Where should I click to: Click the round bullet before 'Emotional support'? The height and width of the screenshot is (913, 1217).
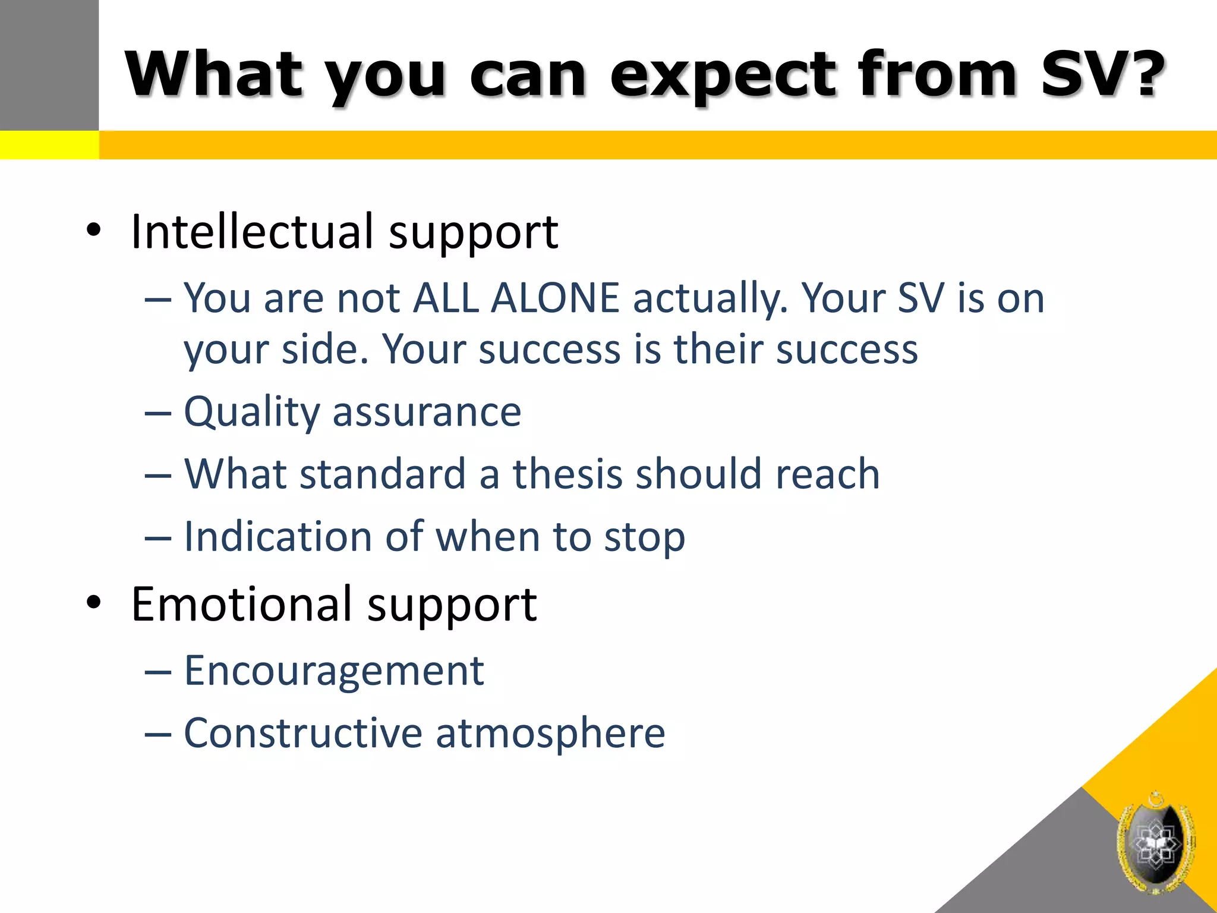pyautogui.click(x=94, y=603)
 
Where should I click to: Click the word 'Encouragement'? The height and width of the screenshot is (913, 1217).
pyautogui.click(x=334, y=671)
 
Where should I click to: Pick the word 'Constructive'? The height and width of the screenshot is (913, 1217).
pyautogui.click(x=303, y=733)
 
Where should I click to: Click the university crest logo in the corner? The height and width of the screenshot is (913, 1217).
pyautogui.click(x=1155, y=843)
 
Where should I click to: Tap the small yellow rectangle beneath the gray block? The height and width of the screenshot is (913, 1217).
pyautogui.click(x=49, y=145)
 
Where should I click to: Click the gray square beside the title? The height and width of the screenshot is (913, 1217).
pyautogui.click(x=49, y=64)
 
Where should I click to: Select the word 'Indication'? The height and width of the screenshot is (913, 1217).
pyautogui.click(x=278, y=537)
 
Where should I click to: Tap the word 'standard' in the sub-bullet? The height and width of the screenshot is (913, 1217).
pyautogui.click(x=383, y=474)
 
